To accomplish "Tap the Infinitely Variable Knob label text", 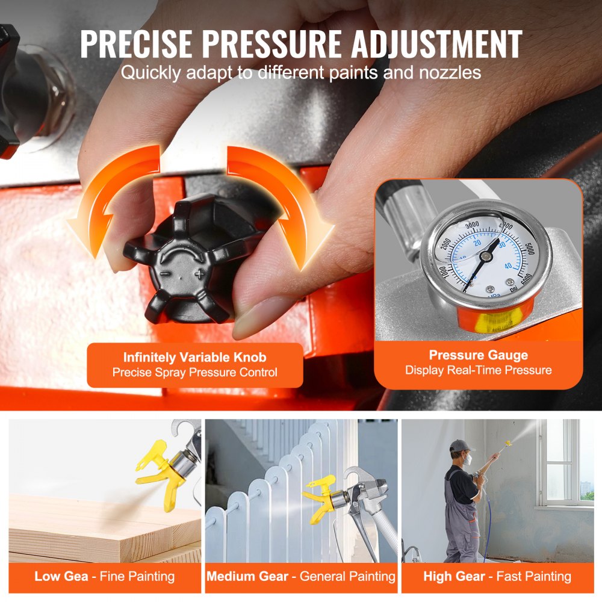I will [194, 357].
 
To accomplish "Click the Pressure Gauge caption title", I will [478, 355].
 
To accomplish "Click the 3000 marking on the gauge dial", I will [476, 224].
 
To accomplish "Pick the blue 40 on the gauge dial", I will [508, 265].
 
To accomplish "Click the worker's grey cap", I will [459, 446].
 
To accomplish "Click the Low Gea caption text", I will [61, 576].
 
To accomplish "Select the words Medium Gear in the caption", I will [249, 576].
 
